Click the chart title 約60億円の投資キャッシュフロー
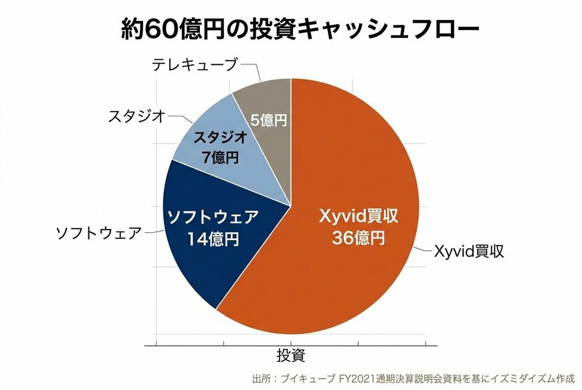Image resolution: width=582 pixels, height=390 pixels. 291,29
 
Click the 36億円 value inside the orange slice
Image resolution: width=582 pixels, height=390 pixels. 358,238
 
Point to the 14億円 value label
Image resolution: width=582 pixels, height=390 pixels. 212,238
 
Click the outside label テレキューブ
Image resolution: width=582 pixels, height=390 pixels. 194,65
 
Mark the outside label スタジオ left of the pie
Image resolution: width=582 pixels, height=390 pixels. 136,116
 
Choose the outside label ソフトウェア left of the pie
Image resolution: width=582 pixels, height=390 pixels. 98,233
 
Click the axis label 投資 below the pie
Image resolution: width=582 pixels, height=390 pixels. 291,354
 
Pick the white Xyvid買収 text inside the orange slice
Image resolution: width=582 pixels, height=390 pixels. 358,217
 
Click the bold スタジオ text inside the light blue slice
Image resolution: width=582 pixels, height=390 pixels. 221,138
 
